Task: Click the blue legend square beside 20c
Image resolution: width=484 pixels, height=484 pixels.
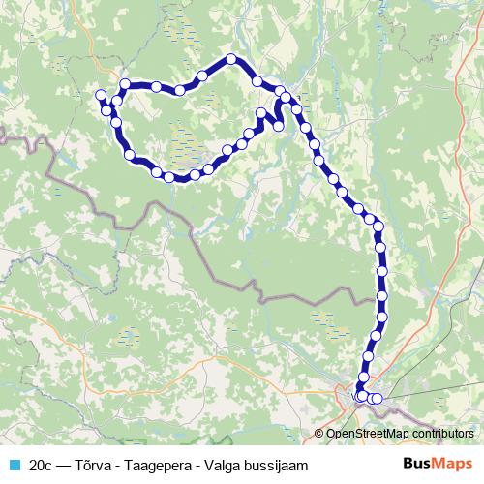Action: [14, 465]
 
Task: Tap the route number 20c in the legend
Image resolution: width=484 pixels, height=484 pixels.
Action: [42, 465]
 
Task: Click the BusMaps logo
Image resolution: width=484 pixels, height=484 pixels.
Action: [438, 465]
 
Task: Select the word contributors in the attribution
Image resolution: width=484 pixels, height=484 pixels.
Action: [442, 435]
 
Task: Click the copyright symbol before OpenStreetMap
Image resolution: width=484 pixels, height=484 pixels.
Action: [319, 435]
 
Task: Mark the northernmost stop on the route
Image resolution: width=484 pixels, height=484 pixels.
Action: [231, 59]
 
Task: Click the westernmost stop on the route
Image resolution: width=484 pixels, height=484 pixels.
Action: [100, 94]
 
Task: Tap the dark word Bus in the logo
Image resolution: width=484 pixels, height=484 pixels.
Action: [418, 465]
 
